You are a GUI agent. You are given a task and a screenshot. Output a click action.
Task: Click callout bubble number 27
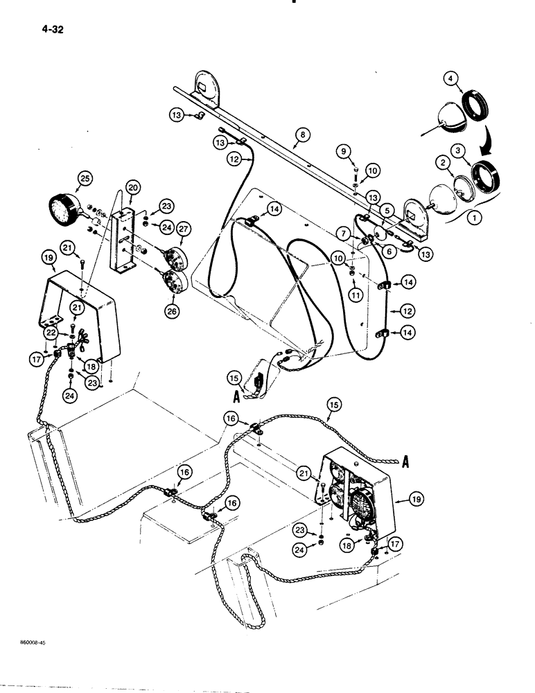(184, 229)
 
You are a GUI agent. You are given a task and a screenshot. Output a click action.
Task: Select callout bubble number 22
(51, 334)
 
